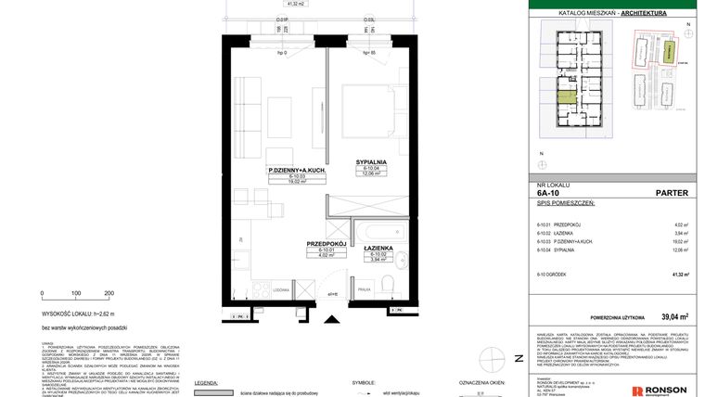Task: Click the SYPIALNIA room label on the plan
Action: [370, 161]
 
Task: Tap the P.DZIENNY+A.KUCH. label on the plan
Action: [295, 171]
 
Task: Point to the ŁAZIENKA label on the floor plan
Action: [378, 247]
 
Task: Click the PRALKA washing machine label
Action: [365, 290]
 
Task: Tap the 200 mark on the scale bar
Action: [109, 293]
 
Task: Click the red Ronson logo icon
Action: [636, 390]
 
